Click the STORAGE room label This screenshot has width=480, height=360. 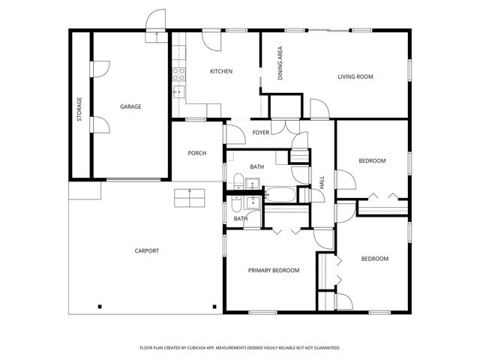point(79,109)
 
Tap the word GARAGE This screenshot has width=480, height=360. point(130,106)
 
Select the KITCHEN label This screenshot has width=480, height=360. point(220,71)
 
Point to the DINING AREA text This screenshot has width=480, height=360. point(280,63)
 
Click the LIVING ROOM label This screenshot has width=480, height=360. point(355,76)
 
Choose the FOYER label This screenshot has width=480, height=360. point(260,133)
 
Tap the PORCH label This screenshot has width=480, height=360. point(196,153)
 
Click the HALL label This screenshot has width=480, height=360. point(322,181)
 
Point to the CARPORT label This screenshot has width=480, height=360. point(146,250)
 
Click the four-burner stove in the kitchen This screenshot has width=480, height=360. point(179,73)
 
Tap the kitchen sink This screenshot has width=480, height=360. point(178,91)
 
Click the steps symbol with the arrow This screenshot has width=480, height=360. point(189,198)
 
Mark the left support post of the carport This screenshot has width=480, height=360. point(100,305)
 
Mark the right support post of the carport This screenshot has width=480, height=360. point(214,305)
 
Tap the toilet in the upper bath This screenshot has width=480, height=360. point(238,181)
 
